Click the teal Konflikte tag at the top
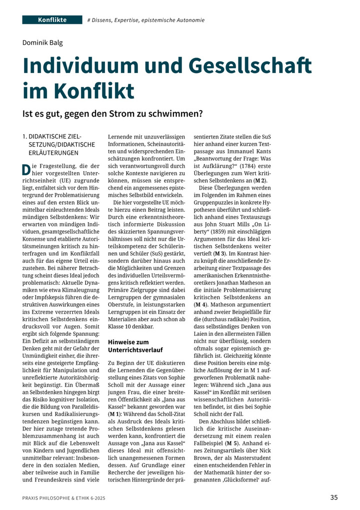52,20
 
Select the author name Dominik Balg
44,42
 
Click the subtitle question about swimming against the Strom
112,114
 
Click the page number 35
334,497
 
